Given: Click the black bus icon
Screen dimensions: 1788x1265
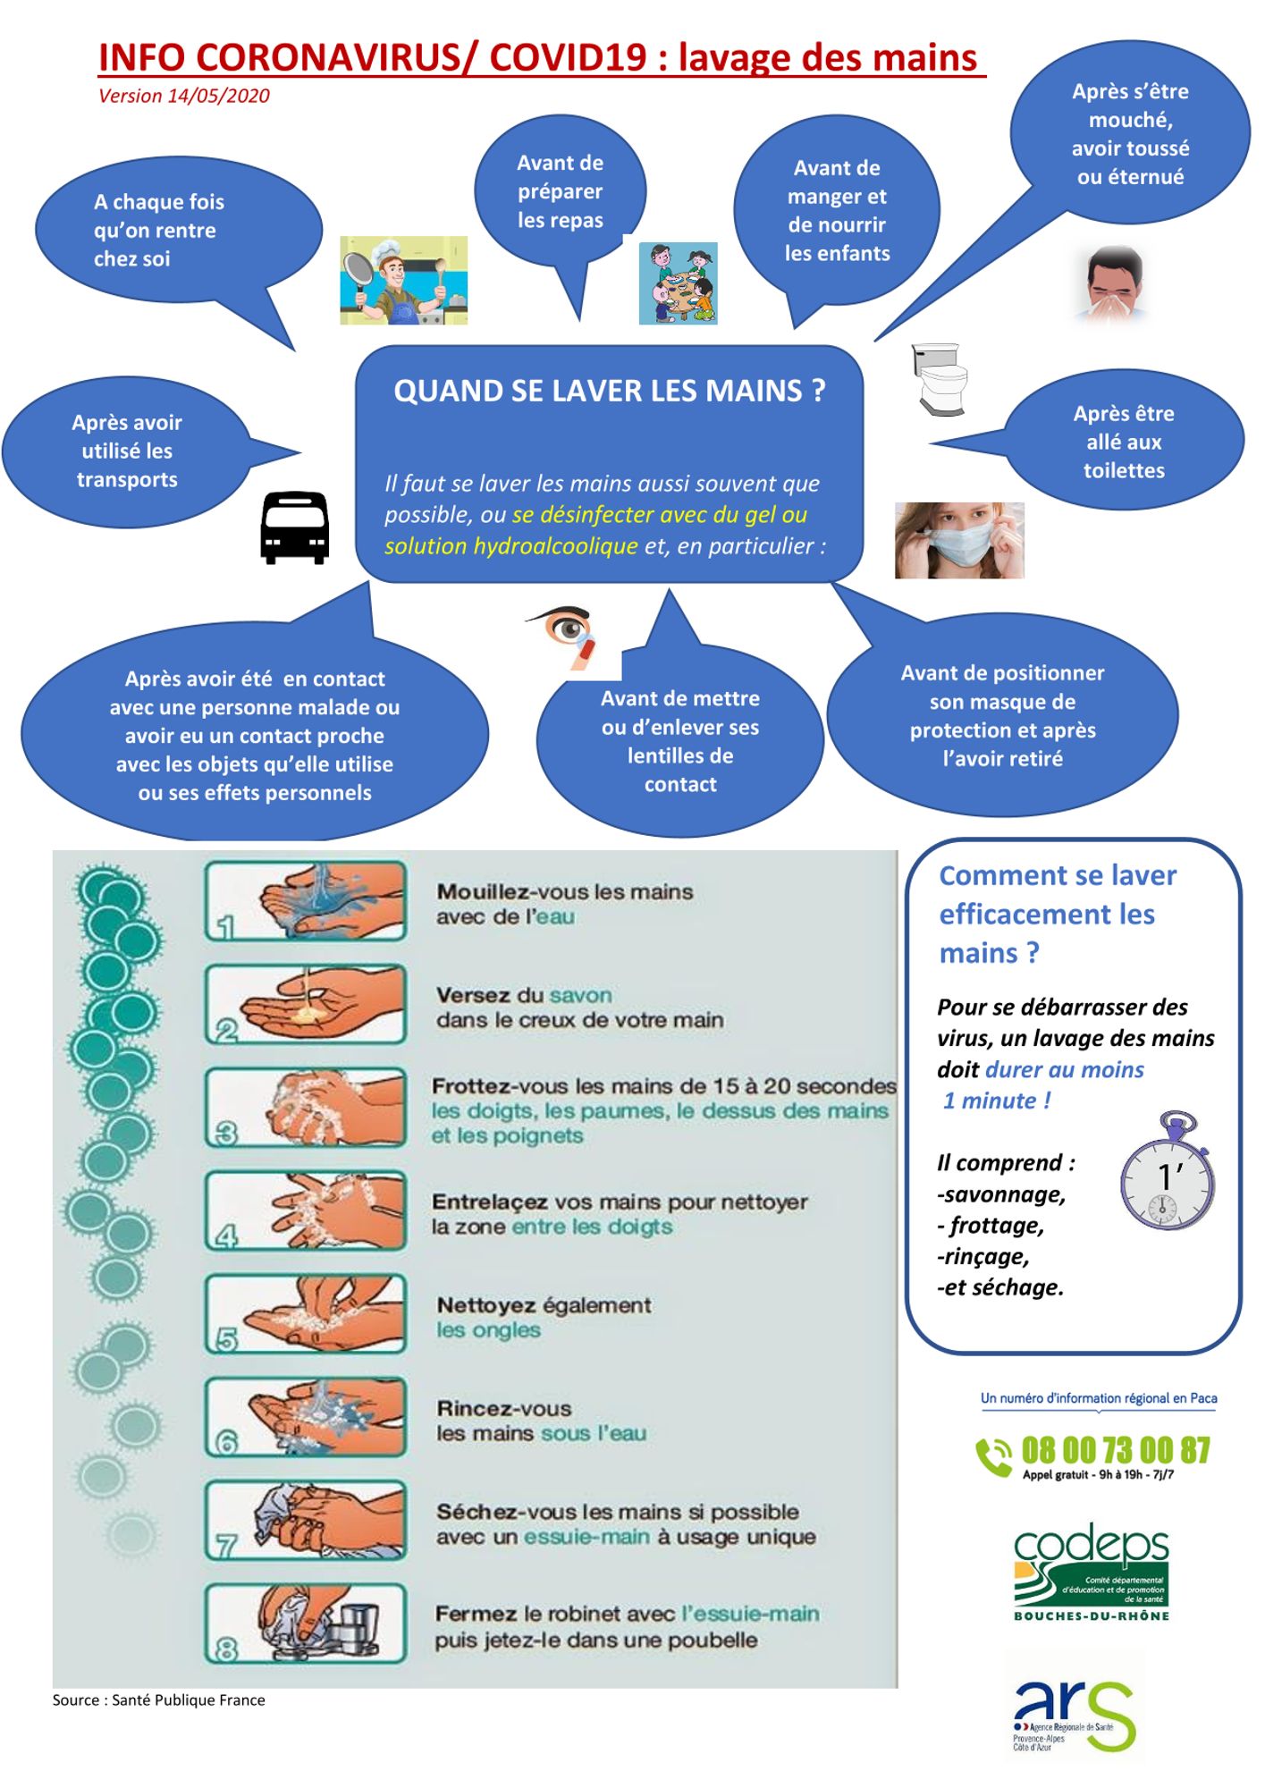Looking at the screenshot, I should pyautogui.click(x=294, y=527).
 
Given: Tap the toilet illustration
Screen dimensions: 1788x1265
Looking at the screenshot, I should pyautogui.click(x=940, y=379).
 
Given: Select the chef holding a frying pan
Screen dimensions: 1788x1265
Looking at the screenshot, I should pyautogui.click(x=403, y=280).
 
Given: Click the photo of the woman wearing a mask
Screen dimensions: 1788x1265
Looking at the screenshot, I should pyautogui.click(x=959, y=540).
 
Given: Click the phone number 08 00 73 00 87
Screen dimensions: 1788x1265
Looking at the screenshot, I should pyautogui.click(x=1116, y=1450).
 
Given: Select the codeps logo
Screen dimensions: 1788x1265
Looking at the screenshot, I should pyautogui.click(x=1091, y=1572).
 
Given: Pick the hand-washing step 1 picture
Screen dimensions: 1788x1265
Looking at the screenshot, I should pyautogui.click(x=306, y=901).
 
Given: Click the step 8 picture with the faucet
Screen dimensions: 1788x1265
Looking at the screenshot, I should pyautogui.click(x=306, y=1624).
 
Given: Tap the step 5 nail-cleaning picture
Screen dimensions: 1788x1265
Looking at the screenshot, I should pyautogui.click(x=306, y=1313).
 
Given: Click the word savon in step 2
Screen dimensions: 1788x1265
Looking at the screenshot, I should pyautogui.click(x=581, y=995).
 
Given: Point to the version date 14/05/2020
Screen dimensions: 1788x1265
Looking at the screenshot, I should pyautogui.click(x=219, y=97).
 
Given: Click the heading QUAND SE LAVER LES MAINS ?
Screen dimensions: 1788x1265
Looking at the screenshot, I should pyautogui.click(x=609, y=391).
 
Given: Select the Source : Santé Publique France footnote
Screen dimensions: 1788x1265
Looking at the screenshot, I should pyautogui.click(x=159, y=1700).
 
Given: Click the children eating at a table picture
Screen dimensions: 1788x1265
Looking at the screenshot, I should pyautogui.click(x=678, y=283).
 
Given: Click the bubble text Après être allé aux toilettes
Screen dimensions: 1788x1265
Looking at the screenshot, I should pyautogui.click(x=1124, y=442).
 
